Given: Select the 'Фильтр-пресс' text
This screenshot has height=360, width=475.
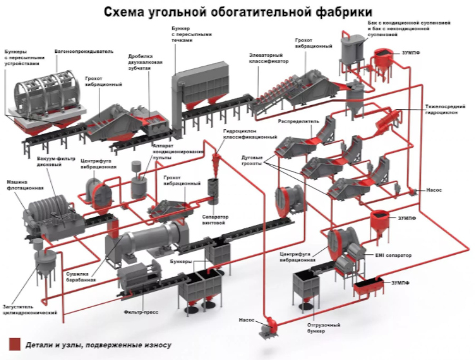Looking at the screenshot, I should (x=141, y=312).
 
